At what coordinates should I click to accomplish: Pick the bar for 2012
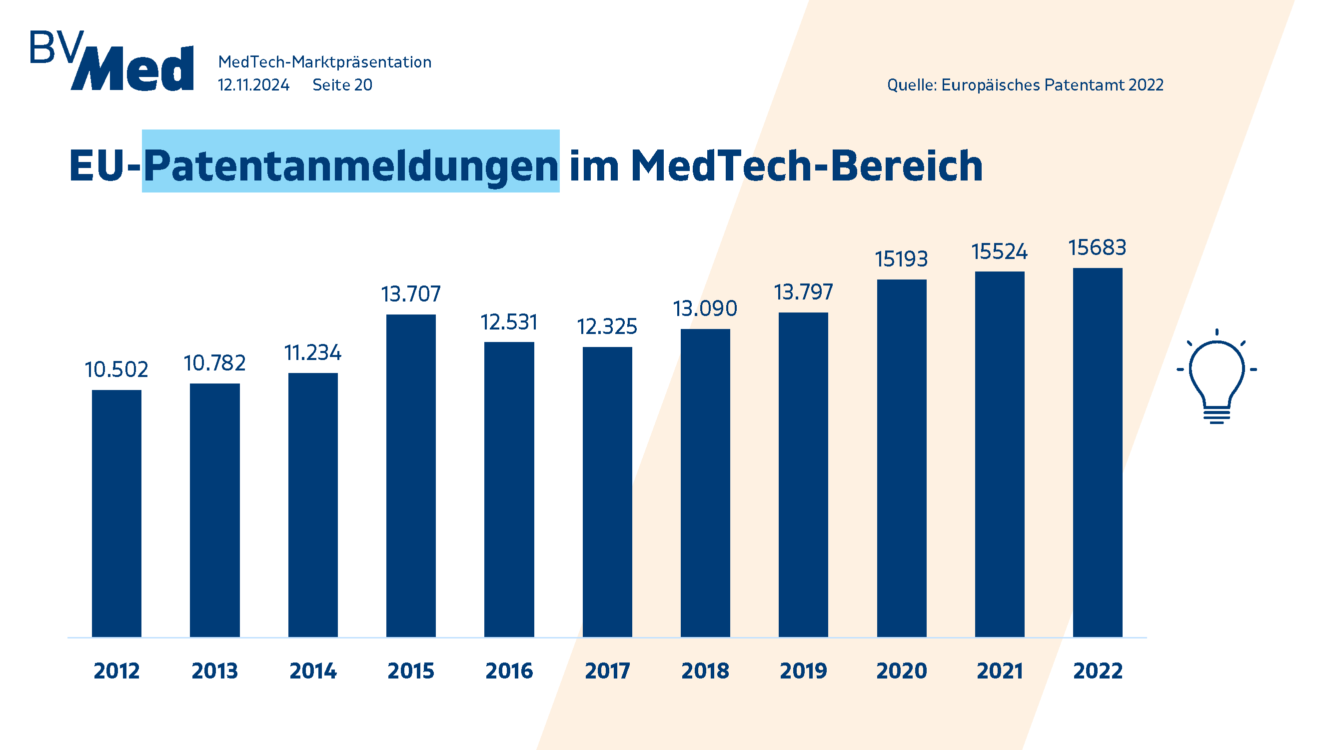[116, 513]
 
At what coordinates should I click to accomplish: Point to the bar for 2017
[607, 491]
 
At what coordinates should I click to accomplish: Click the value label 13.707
[411, 294]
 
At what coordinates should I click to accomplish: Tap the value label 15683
[1098, 247]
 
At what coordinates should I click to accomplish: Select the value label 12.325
[607, 326]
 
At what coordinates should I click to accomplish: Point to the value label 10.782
[214, 363]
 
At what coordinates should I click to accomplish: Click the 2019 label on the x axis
[803, 671]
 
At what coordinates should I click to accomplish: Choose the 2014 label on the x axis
[312, 671]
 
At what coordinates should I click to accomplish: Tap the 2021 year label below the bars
[999, 671]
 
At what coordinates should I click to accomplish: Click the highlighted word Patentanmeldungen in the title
[351, 165]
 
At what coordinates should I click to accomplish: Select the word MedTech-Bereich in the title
[806, 165]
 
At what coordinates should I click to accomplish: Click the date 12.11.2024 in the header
[253, 85]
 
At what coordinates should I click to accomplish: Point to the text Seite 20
[342, 85]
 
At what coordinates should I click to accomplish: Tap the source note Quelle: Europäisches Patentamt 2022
[1025, 85]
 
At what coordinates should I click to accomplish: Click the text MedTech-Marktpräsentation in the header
[324, 62]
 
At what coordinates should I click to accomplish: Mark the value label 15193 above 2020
[902, 259]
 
